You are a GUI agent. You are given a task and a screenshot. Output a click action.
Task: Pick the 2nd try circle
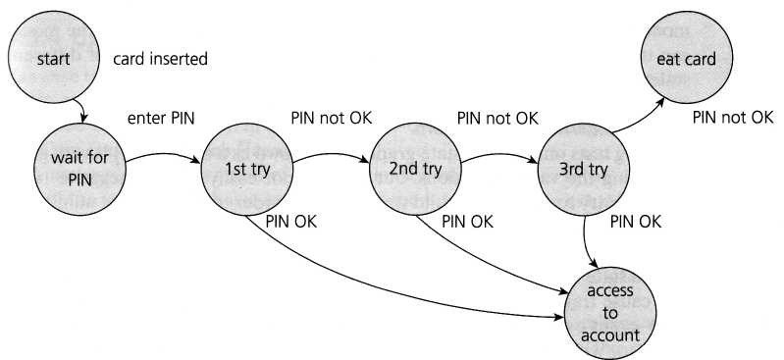pos(417,169)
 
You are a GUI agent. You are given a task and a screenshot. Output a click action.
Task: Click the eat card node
pos(687,59)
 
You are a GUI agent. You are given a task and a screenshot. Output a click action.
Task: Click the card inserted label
pos(161,60)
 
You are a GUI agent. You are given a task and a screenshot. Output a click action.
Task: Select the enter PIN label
pos(162,119)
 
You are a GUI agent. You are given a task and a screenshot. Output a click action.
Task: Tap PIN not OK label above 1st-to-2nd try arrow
pos(331,118)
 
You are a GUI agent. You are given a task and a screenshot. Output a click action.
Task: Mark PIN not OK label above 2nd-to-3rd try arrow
pos(497,118)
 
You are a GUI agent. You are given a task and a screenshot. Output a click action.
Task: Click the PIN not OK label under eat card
pos(733,118)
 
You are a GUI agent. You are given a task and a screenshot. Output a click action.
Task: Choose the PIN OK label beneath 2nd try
pos(467,221)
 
